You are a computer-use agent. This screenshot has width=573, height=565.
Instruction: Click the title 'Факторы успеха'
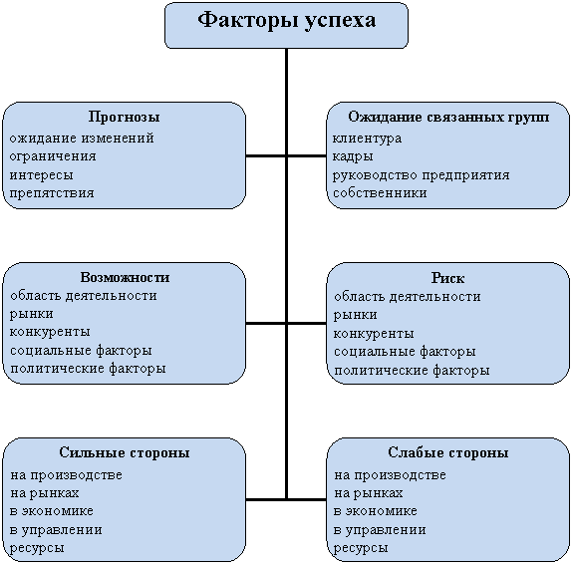(x=287, y=20)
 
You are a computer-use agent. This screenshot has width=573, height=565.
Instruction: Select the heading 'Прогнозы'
(x=124, y=117)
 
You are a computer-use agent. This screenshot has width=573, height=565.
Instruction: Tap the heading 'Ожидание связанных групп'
(x=448, y=117)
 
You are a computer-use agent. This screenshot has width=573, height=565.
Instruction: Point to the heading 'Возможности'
(x=125, y=277)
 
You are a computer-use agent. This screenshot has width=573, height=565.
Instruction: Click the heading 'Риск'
(x=447, y=278)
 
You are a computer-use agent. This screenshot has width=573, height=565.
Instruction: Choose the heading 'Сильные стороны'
(x=125, y=452)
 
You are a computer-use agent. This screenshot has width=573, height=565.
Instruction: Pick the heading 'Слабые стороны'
(x=448, y=452)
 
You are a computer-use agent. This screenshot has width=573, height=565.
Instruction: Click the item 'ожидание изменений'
(x=82, y=139)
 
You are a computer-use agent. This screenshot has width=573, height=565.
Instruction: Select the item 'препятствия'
(x=52, y=193)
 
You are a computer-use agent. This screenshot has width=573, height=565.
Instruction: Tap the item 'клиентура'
(x=367, y=139)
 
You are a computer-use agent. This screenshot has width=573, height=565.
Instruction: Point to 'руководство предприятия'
(x=421, y=175)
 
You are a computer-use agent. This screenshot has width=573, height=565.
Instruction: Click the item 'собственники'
(x=380, y=193)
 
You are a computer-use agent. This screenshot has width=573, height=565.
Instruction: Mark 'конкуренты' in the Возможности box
(x=50, y=332)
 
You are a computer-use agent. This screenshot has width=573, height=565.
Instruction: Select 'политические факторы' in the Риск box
(x=412, y=371)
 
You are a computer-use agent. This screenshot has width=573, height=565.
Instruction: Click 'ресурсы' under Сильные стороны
(x=37, y=548)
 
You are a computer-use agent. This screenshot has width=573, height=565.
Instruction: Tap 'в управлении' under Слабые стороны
(x=380, y=530)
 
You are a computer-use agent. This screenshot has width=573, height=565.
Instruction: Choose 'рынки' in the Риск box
(x=355, y=315)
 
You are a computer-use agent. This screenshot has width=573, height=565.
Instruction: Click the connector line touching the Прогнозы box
(x=266, y=156)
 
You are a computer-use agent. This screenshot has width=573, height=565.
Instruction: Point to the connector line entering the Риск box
(x=306, y=323)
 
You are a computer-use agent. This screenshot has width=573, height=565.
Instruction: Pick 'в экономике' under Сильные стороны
(x=52, y=511)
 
